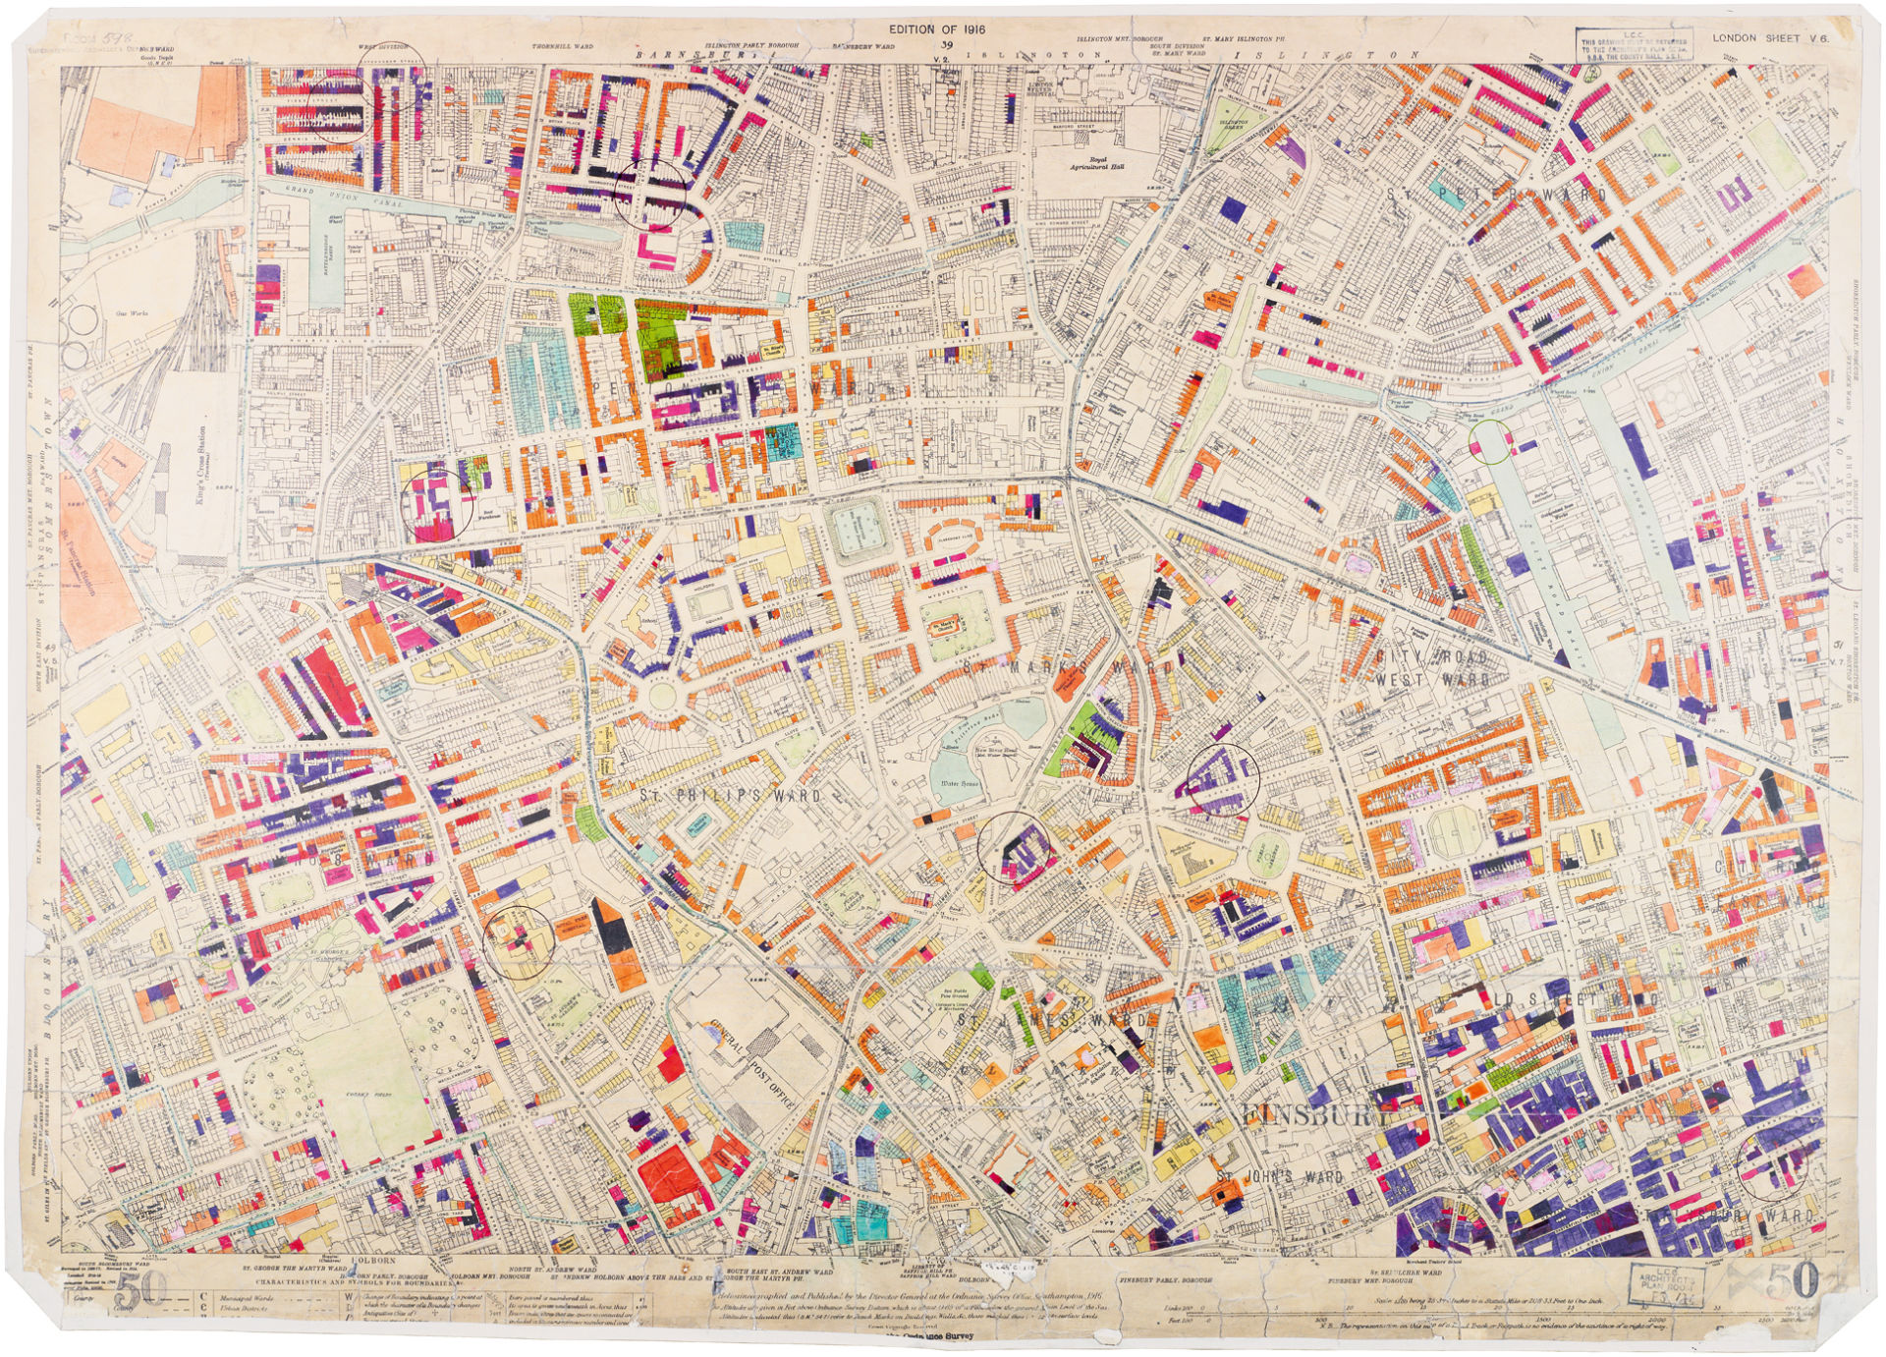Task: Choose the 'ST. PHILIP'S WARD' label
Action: (x=729, y=796)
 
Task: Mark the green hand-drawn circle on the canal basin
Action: (x=1492, y=441)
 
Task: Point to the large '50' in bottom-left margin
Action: (x=141, y=1289)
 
